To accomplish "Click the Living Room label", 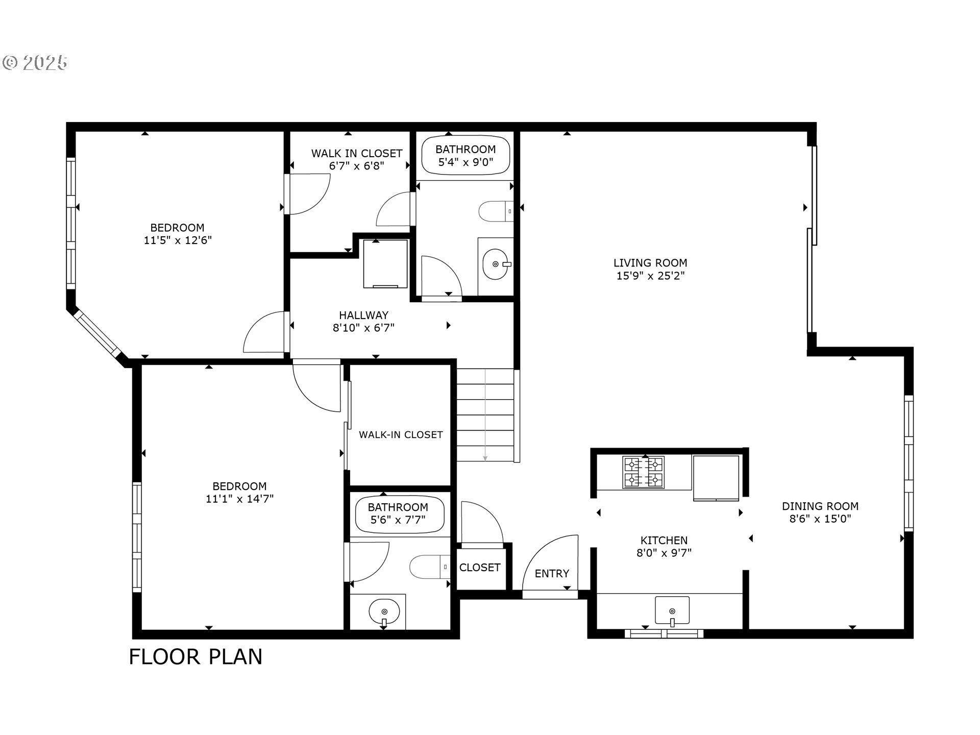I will pyautogui.click(x=650, y=263).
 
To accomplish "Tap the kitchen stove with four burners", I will pyautogui.click(x=643, y=472).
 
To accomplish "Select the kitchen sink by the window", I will pyautogui.click(x=672, y=610).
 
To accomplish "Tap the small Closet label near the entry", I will pyautogui.click(x=479, y=568).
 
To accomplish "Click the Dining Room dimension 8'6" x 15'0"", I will pyautogui.click(x=820, y=519).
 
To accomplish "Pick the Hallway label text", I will pyautogui.click(x=363, y=315).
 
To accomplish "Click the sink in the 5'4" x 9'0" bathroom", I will pyautogui.click(x=495, y=264).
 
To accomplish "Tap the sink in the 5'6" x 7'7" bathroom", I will pyautogui.click(x=384, y=611).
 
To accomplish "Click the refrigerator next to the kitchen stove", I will pyautogui.click(x=716, y=478).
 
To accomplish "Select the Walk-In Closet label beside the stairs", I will pyautogui.click(x=401, y=435).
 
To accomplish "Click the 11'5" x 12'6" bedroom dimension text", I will pyautogui.click(x=178, y=240).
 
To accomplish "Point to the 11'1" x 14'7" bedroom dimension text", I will pyautogui.click(x=239, y=499).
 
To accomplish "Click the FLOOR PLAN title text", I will pyautogui.click(x=195, y=657).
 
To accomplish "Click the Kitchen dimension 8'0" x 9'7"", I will pyautogui.click(x=664, y=553).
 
